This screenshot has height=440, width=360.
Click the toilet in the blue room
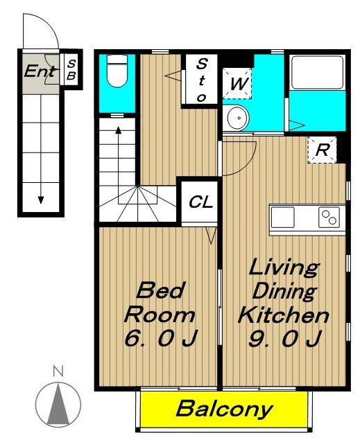click(x=117, y=71)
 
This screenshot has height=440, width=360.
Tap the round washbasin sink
click(x=238, y=118)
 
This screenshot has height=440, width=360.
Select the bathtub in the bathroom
click(x=317, y=72)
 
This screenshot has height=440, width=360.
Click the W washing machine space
click(x=237, y=83)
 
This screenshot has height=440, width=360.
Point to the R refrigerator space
click(x=322, y=150)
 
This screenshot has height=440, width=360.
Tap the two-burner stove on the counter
click(x=329, y=217)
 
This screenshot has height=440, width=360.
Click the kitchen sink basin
click(x=283, y=217)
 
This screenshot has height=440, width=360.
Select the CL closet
click(x=200, y=202)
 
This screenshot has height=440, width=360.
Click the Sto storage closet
click(x=201, y=80)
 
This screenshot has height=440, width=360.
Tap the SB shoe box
click(x=71, y=69)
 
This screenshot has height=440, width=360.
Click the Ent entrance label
click(x=40, y=71)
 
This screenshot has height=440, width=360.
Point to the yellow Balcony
click(x=224, y=410)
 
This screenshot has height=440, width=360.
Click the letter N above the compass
click(x=58, y=371)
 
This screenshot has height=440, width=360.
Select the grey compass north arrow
click(x=58, y=403)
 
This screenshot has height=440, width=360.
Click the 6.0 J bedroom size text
click(x=161, y=337)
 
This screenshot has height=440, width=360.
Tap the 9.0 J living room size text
click(x=284, y=338)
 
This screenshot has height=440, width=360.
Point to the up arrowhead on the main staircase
click(x=119, y=130)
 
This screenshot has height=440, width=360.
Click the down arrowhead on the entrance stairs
click(x=41, y=200)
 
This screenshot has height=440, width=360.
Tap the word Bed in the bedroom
click(x=161, y=290)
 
